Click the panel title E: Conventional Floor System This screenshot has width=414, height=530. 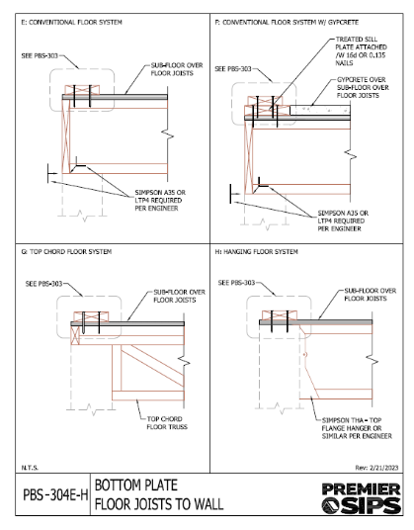71,23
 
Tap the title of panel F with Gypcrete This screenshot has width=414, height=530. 287,23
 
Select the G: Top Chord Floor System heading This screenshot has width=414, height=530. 66,252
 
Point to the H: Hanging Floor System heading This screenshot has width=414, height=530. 257,252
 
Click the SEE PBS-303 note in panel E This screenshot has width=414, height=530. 40,55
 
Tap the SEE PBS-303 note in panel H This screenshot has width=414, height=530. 236,283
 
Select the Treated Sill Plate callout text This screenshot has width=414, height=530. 361,51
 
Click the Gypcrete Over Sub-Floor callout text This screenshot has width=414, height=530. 363,88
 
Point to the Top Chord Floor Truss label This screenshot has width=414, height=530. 167,423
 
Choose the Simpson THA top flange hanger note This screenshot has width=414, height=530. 357,428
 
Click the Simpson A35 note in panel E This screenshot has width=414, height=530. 160,201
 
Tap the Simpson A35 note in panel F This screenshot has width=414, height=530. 343,221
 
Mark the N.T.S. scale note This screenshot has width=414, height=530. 30,468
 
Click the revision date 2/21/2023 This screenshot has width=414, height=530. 376,468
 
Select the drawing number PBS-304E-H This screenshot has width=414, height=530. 55,495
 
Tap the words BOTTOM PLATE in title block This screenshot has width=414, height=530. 136,486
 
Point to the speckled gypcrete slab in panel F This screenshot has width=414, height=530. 320,110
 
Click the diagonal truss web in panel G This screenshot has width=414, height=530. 152,366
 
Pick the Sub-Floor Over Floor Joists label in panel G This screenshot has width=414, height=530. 179,296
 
